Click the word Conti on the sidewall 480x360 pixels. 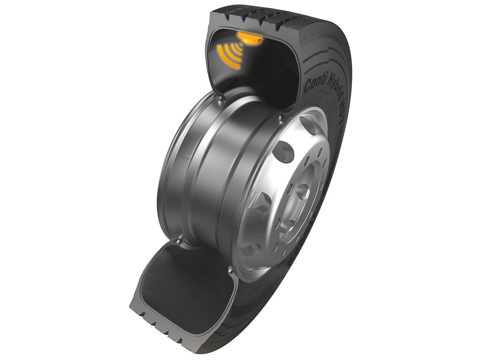pyautogui.click(x=314, y=82)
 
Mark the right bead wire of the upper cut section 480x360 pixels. pyautogui.click(x=281, y=116)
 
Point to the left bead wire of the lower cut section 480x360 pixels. pyautogui.click(x=178, y=242)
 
